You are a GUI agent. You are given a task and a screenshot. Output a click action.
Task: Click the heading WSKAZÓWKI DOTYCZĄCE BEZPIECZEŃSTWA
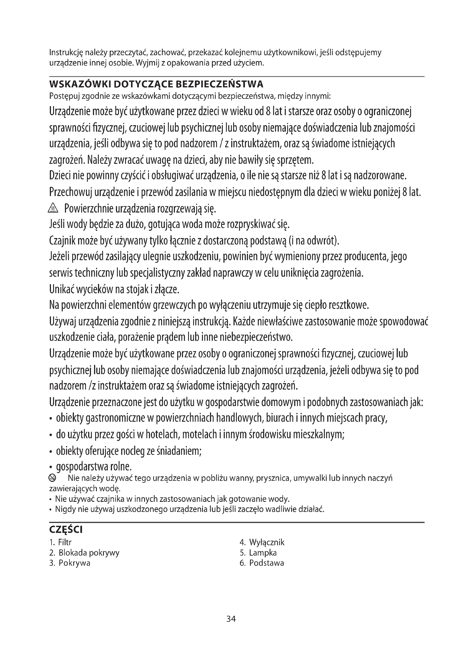tap(156, 85)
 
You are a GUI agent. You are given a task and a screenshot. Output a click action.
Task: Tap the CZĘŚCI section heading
tap(66, 530)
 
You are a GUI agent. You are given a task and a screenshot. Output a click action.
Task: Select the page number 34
tap(231, 619)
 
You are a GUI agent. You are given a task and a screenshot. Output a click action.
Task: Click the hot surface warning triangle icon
tap(53, 209)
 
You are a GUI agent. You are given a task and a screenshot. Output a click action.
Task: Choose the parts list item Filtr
tap(65, 542)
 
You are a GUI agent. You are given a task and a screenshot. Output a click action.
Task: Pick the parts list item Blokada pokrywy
tap(89, 553)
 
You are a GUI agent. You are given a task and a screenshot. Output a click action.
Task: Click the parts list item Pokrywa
tap(74, 563)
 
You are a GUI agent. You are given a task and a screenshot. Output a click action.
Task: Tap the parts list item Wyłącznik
tap(266, 542)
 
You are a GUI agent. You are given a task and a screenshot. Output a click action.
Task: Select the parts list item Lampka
tap(263, 553)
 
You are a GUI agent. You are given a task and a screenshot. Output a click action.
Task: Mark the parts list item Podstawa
tap(266, 563)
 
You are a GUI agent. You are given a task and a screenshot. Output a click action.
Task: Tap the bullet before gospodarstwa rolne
tap(51, 468)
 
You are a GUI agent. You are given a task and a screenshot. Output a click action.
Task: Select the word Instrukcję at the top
tap(66, 53)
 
